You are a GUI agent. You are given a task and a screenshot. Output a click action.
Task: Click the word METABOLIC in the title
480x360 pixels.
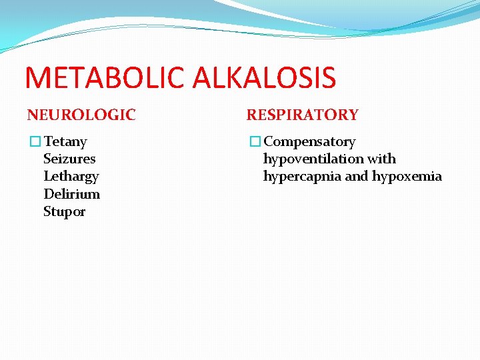(x=107, y=77)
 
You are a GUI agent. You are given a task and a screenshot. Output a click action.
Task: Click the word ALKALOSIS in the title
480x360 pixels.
(x=265, y=77)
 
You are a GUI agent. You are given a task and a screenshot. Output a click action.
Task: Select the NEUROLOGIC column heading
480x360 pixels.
(x=81, y=115)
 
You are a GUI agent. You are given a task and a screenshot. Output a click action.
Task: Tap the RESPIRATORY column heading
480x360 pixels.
(x=303, y=115)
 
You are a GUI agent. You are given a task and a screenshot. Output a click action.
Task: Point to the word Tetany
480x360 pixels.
(x=65, y=141)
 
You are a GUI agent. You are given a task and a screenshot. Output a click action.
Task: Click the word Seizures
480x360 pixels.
(x=69, y=159)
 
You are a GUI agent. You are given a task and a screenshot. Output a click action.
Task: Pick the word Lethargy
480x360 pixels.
(x=71, y=177)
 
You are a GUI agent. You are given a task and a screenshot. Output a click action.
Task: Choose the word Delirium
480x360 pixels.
(x=71, y=194)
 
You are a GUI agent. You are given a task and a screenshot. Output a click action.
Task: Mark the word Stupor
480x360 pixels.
(x=64, y=211)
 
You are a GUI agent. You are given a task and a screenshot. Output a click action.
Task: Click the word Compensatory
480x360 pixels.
(x=310, y=141)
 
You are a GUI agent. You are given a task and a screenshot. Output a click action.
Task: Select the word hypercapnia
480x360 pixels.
(x=302, y=176)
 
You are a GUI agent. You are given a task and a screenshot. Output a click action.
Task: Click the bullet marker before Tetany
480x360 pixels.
(x=35, y=141)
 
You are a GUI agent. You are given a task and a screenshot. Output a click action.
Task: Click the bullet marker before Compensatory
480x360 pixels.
(x=255, y=141)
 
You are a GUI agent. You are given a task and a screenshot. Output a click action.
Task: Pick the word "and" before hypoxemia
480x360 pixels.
(x=357, y=176)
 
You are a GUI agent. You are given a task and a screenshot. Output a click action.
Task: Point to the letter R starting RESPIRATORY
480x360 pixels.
(x=252, y=115)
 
